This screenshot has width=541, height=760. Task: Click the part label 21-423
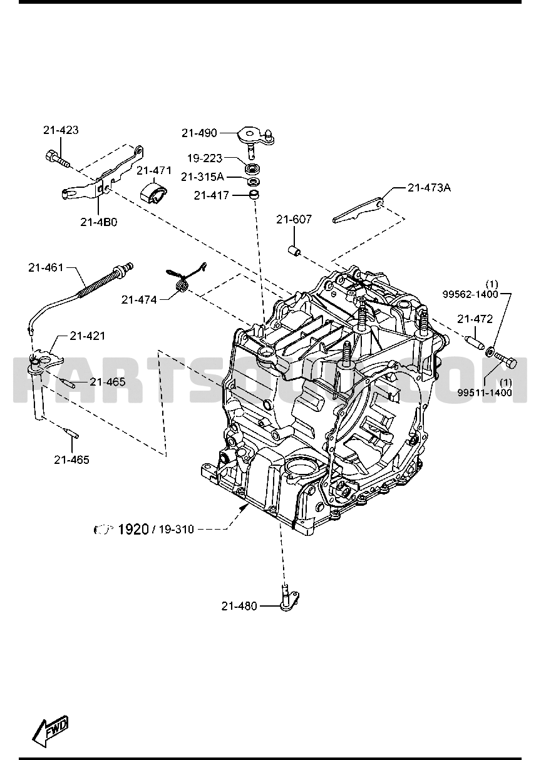[x=61, y=130]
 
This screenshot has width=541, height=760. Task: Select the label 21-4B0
[x=98, y=221]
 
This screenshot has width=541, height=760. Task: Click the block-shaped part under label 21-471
[x=153, y=193]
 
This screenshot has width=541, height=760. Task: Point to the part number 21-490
[x=199, y=133]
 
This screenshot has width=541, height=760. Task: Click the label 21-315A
[x=202, y=177]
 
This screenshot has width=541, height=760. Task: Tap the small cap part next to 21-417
[x=254, y=196]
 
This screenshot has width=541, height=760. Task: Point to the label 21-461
[x=46, y=267]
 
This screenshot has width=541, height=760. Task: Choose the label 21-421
[x=87, y=336]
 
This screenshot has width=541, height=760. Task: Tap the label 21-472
[x=475, y=319]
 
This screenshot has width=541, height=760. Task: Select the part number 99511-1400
[x=484, y=393]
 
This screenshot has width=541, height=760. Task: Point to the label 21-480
[x=239, y=605]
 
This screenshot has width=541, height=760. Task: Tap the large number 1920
[x=133, y=529]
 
